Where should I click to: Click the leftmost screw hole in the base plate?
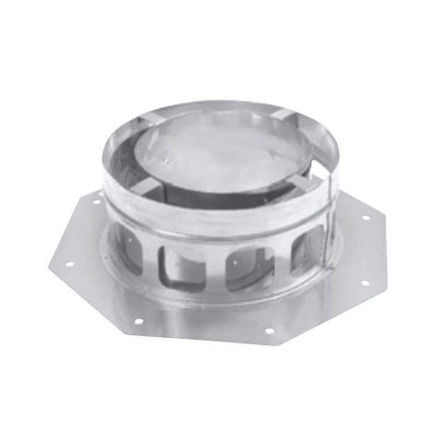click(x=70, y=264)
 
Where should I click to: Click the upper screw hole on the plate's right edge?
click(x=366, y=218)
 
